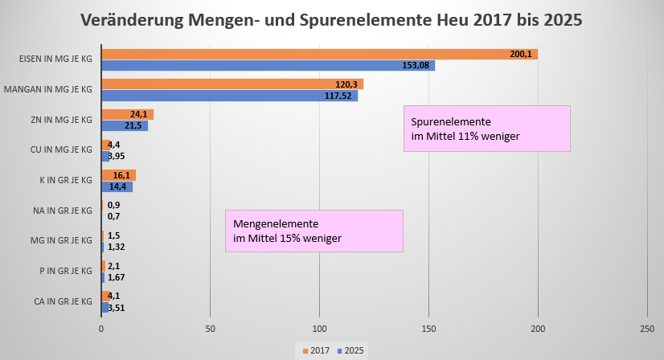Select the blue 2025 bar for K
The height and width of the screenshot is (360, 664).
117,186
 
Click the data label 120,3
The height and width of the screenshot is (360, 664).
349,84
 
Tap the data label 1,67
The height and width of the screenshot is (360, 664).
116,277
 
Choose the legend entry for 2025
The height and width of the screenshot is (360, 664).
352,350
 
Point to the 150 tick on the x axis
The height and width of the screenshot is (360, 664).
428,329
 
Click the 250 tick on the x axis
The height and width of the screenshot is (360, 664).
647,329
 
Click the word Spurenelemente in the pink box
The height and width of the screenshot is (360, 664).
448,121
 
